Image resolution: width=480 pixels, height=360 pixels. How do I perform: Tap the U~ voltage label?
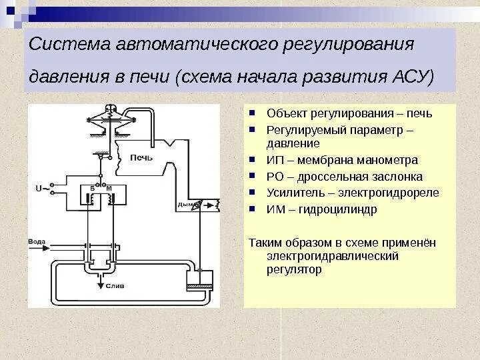tap(41, 189)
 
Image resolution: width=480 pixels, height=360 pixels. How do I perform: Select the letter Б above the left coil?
tap(93, 189)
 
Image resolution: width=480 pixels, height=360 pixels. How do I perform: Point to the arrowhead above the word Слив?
tap(102, 278)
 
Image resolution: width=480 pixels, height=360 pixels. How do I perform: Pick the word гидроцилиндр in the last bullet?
tap(342, 209)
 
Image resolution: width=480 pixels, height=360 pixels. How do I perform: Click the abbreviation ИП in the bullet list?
tap(273, 160)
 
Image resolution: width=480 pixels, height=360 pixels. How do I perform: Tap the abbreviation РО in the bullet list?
tap(273, 177)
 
